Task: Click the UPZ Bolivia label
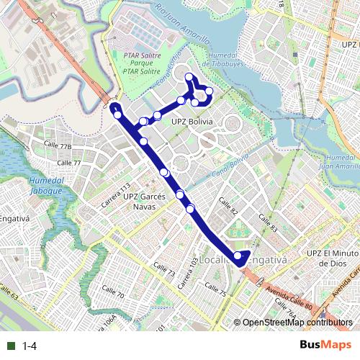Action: coord(192,122)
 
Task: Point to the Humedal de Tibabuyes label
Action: coord(230,58)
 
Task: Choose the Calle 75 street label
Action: coord(215,290)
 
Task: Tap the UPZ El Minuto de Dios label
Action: coord(332,258)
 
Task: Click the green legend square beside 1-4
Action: coord(11,346)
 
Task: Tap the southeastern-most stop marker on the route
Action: coord(238,255)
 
